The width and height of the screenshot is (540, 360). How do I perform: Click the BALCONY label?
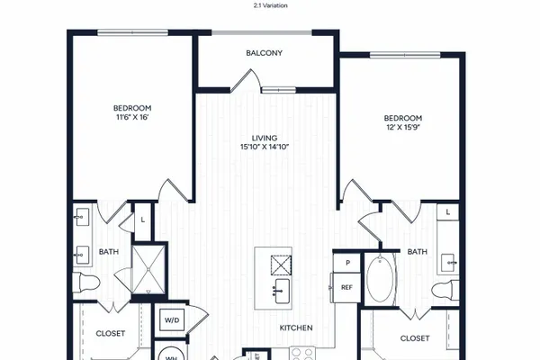(x=264, y=53)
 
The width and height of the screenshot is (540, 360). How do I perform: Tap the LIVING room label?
(x=264, y=138)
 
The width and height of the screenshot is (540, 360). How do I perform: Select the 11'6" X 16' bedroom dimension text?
(x=132, y=117)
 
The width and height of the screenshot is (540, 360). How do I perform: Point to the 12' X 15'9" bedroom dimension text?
(x=403, y=127)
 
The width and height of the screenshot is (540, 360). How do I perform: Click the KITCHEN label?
(x=296, y=328)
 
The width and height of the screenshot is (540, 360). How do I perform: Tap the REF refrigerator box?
(x=346, y=287)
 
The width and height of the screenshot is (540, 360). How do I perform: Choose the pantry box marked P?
(x=347, y=263)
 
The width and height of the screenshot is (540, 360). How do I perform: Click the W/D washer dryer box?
(x=172, y=320)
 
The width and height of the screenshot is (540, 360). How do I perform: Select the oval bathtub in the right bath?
(x=380, y=279)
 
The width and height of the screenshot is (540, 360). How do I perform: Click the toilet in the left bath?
(x=86, y=283)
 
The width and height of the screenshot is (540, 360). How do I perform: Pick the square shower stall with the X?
(x=148, y=269)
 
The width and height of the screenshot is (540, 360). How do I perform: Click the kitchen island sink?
(x=282, y=291)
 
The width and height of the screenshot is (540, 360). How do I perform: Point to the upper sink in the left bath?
(x=82, y=217)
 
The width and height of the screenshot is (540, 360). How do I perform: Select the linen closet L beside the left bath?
(x=142, y=220)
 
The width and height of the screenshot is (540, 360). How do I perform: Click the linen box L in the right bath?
(x=447, y=211)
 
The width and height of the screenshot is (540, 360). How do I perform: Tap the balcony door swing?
(x=246, y=80)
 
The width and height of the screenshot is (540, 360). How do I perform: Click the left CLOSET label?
(x=110, y=334)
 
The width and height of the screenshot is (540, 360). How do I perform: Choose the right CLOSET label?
(x=415, y=338)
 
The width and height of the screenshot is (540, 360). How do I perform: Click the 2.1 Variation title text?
(x=270, y=5)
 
